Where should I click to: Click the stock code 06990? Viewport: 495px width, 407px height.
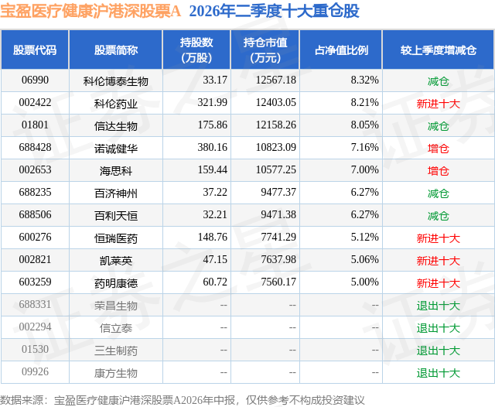(x=35, y=80)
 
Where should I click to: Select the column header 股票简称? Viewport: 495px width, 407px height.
(x=116, y=50)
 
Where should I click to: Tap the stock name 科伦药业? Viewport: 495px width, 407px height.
(x=116, y=104)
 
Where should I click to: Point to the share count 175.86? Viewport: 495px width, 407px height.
(x=212, y=125)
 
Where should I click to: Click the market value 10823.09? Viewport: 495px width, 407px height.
(x=276, y=148)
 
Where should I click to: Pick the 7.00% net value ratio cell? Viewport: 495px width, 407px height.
(x=364, y=170)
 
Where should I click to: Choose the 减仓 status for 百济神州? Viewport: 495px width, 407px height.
(x=439, y=193)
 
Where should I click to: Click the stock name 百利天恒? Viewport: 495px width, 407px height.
(x=116, y=216)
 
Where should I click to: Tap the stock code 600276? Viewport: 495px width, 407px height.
(x=35, y=237)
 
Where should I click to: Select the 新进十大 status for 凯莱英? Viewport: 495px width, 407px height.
(x=439, y=261)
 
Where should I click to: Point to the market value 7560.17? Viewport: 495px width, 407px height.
(x=278, y=282)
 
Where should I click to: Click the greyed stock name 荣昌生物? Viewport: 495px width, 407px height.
(x=116, y=306)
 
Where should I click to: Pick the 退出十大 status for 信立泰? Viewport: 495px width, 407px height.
(x=439, y=328)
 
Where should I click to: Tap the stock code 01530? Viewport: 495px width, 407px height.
(x=35, y=349)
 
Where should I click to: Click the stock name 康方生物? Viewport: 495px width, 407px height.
(x=116, y=373)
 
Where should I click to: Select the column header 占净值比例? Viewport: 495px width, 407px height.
(x=341, y=50)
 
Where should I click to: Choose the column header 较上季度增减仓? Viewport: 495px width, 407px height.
(x=439, y=50)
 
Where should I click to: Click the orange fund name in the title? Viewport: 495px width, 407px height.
(x=90, y=12)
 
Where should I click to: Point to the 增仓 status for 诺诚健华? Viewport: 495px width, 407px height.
(x=439, y=149)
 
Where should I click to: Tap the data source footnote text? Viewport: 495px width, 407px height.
(x=183, y=400)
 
